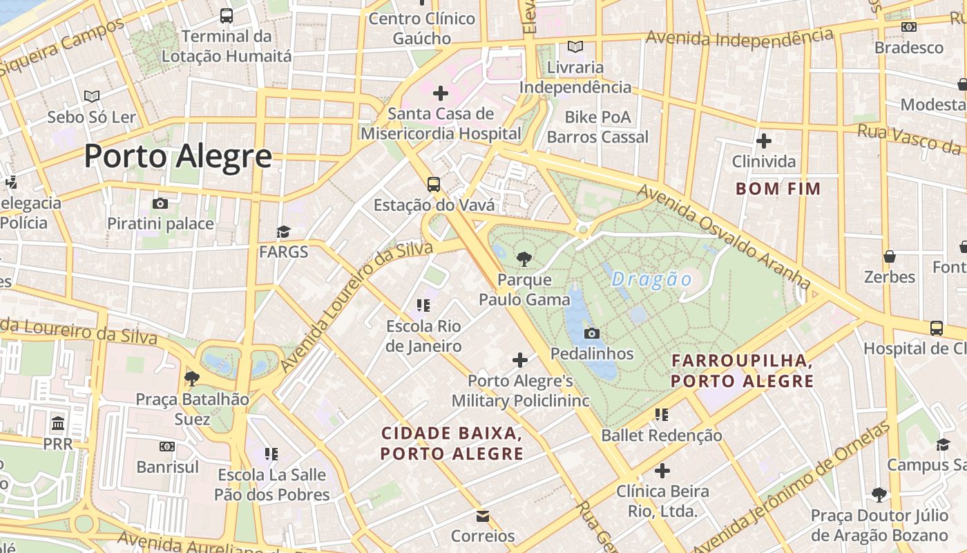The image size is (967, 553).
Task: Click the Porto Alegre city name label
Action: (178, 157)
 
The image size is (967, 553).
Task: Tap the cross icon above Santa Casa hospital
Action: (440, 93)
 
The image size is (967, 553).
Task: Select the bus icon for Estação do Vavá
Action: (434, 185)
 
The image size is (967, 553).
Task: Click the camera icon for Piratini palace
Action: (160, 203)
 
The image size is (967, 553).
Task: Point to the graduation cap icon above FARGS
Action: (283, 232)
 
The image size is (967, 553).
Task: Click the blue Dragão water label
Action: (651, 279)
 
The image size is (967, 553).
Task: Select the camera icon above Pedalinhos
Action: (591, 334)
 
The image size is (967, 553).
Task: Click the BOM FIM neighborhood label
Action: (778, 189)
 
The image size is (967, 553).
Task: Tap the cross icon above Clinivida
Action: (763, 142)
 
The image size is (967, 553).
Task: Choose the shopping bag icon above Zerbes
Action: (890, 256)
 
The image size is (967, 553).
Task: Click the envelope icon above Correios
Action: (483, 516)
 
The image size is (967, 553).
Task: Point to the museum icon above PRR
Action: (58, 423)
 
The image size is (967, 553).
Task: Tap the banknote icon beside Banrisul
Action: (167, 447)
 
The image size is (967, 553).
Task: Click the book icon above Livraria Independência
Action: (575, 47)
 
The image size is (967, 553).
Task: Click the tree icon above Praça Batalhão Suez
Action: (192, 378)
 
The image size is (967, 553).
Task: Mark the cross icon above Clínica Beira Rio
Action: (662, 471)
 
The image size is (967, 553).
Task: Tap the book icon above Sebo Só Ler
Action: (92, 97)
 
